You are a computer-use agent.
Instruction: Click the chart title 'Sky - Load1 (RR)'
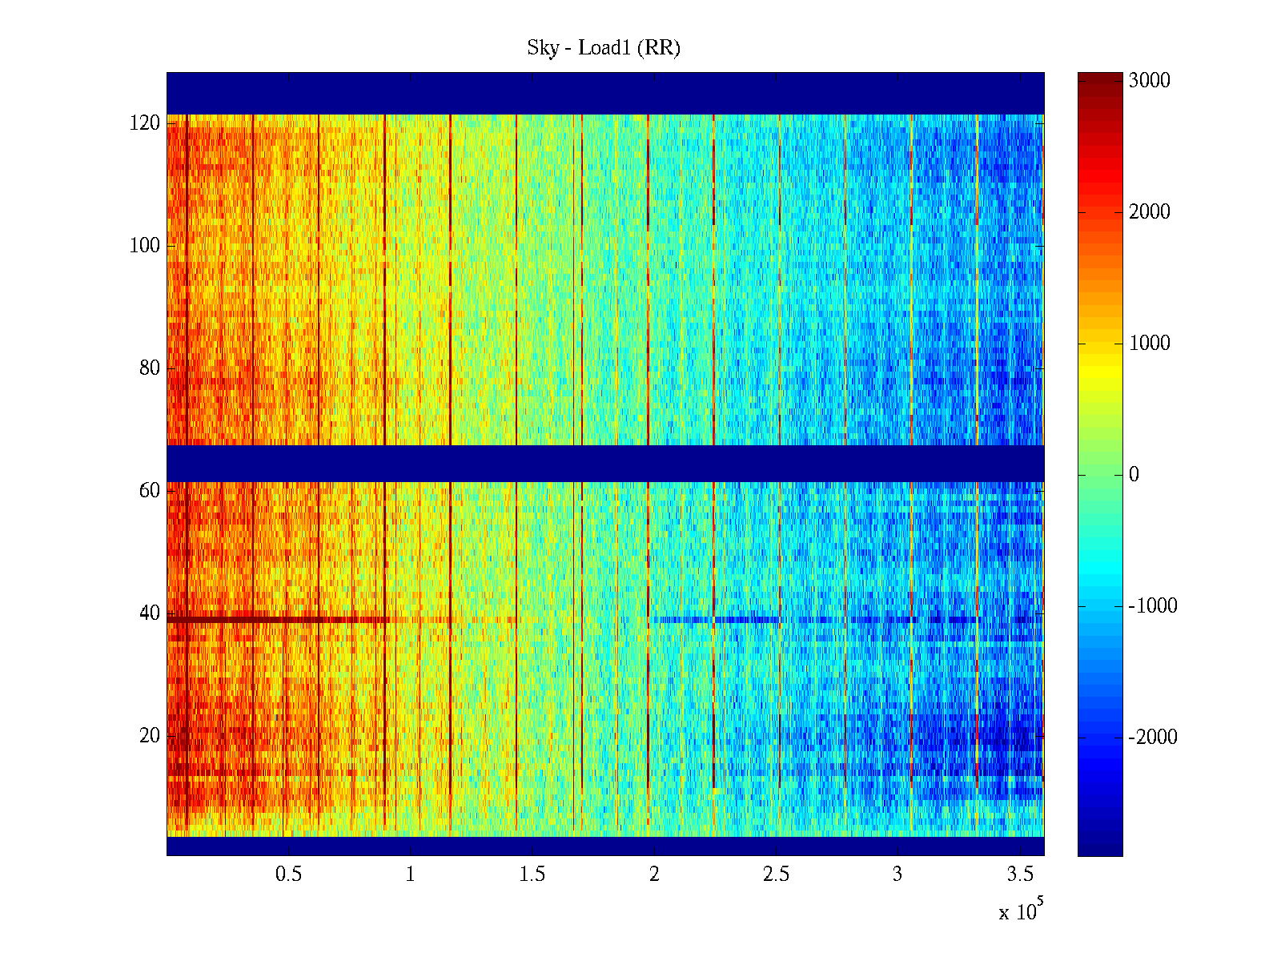(x=604, y=48)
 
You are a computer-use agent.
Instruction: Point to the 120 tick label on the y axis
(x=144, y=123)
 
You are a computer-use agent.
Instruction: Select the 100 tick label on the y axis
(x=144, y=246)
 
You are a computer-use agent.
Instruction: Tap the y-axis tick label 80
(x=149, y=368)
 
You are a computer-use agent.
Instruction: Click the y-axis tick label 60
(x=149, y=491)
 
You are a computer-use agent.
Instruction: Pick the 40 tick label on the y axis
(x=149, y=613)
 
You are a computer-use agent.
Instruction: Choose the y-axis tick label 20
(x=149, y=736)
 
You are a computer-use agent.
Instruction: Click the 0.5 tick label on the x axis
(x=288, y=875)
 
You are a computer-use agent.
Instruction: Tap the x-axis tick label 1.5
(x=532, y=875)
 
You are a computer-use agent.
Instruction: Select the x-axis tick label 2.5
(x=776, y=875)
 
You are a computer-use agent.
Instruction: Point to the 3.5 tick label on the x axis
(x=1020, y=875)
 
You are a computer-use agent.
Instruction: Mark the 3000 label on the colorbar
(x=1149, y=81)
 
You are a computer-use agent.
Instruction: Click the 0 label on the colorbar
(x=1134, y=475)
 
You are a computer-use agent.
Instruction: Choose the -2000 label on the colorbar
(x=1152, y=738)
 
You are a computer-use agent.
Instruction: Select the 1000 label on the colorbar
(x=1149, y=344)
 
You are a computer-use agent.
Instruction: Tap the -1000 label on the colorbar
(x=1152, y=606)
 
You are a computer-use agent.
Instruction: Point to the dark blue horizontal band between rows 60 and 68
(x=604, y=464)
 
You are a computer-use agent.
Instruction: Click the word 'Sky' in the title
(x=542, y=48)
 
